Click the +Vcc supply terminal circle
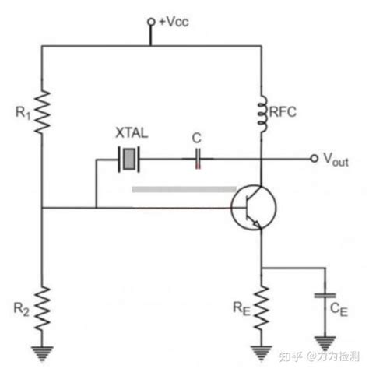151,22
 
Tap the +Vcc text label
174,22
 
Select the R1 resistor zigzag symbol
41,112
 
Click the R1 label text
23,113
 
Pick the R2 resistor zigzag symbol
41,308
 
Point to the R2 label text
21,309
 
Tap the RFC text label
283,112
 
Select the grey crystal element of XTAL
129,159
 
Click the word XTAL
132,133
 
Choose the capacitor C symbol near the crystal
198,159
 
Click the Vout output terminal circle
314,158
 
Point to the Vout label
336,160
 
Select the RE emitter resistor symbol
262,308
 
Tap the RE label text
241,309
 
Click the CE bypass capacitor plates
325,296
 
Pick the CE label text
339,309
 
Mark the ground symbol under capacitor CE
325,342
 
